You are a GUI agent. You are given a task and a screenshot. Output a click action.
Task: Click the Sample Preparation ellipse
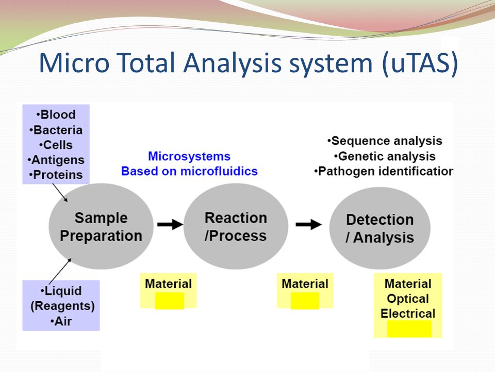click(x=101, y=226)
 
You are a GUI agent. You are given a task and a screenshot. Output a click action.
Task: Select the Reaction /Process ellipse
click(x=236, y=226)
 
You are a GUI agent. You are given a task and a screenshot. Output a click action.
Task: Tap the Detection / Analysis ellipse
click(x=380, y=228)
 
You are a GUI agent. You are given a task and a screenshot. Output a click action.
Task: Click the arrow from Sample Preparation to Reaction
click(x=170, y=225)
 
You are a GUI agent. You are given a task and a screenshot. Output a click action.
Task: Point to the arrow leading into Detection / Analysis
click(x=308, y=225)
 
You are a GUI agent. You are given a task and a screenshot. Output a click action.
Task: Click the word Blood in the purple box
click(x=58, y=115)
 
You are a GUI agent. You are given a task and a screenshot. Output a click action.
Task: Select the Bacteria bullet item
click(x=56, y=130)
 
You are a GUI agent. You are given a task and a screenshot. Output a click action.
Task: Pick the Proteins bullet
click(x=56, y=175)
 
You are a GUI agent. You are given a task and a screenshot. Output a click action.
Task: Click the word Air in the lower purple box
click(x=63, y=321)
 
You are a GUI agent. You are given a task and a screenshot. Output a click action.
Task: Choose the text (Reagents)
click(x=62, y=306)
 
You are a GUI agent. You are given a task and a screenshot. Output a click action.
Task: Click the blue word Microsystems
click(x=189, y=156)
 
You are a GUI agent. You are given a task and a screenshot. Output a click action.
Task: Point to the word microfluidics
click(x=219, y=171)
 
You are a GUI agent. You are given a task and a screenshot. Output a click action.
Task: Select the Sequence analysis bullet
click(x=385, y=141)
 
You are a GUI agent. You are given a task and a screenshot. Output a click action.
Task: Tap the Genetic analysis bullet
click(x=385, y=156)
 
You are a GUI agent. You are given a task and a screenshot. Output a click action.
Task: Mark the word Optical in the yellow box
click(x=408, y=299)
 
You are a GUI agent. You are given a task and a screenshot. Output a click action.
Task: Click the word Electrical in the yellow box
click(x=408, y=314)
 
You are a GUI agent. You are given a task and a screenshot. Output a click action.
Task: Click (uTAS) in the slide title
click(x=420, y=63)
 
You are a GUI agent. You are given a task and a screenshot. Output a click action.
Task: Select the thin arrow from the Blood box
click(x=60, y=193)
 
